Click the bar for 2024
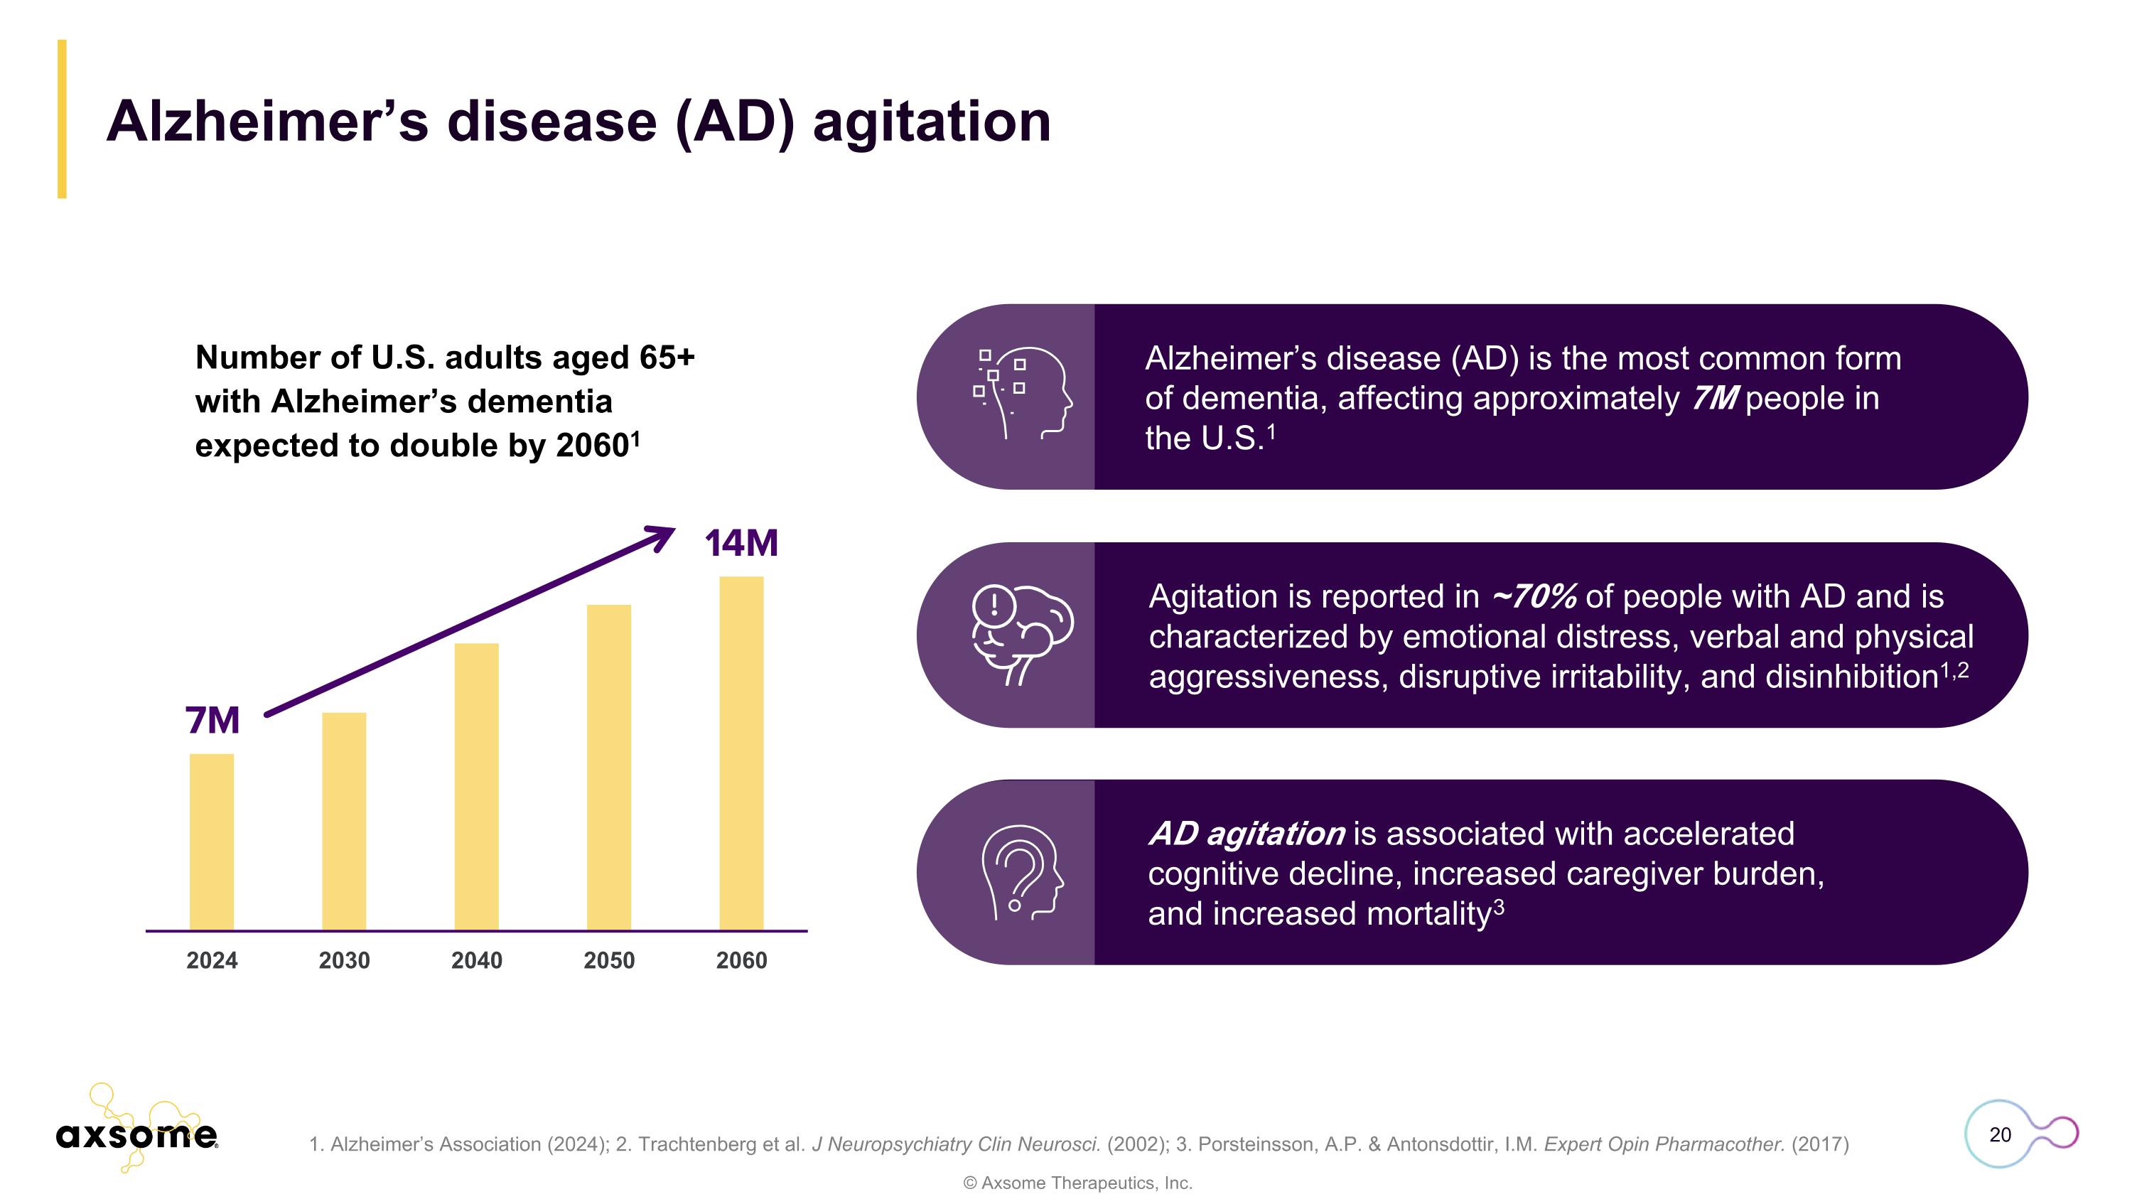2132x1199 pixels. [x=212, y=842]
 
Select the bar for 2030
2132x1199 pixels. [x=344, y=821]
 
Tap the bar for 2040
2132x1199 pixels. [x=477, y=786]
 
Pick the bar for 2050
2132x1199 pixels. [x=609, y=767]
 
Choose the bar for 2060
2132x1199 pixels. [x=741, y=753]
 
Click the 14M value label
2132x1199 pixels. [x=741, y=544]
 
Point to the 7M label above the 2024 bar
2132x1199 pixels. [x=212, y=720]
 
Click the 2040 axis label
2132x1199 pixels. [x=477, y=961]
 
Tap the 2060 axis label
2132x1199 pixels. [x=741, y=961]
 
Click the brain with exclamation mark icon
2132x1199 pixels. [x=1022, y=633]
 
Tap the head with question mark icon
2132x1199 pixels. [x=1022, y=872]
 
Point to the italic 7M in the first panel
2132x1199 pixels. [x=1714, y=399]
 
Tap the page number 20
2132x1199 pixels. [x=2000, y=1134]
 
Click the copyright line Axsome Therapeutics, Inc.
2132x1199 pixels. [x=1077, y=1183]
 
